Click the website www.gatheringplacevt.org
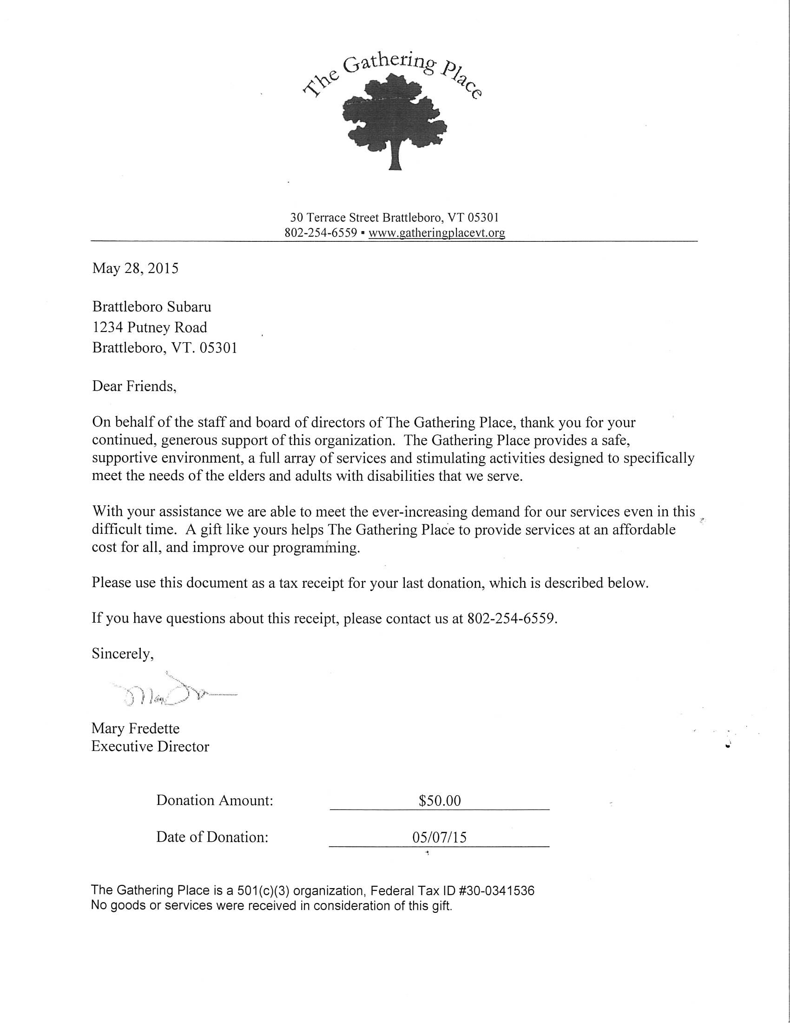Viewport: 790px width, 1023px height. tap(436, 233)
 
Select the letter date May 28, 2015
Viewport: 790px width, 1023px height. tap(135, 268)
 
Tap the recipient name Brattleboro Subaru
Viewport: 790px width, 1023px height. tap(151, 307)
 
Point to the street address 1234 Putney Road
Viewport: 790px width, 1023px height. tap(150, 327)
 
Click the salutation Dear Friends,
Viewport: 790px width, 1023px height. tap(134, 386)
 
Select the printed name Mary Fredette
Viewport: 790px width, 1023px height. tap(135, 728)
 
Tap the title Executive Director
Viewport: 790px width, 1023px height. tap(150, 746)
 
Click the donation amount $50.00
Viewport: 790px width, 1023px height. tap(440, 801)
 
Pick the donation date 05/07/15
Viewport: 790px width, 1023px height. tap(440, 837)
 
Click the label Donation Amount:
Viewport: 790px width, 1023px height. tap(215, 800)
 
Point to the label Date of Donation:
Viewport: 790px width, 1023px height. tap(212, 837)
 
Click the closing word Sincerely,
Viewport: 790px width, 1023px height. tap(123, 653)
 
